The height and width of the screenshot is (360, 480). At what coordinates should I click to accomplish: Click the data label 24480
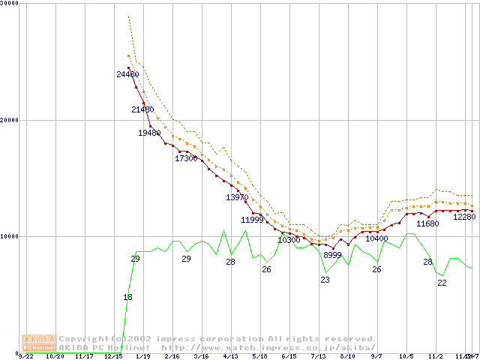tap(127, 74)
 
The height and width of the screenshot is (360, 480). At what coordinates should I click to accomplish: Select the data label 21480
tap(142, 110)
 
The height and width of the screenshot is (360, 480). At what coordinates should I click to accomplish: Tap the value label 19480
tap(149, 133)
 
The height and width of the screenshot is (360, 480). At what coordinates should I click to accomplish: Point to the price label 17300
tap(186, 158)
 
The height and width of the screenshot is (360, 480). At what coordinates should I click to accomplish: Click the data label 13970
tap(237, 197)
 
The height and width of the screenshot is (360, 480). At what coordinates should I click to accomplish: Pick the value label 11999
tap(252, 220)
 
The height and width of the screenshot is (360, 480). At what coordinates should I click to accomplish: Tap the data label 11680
tap(427, 223)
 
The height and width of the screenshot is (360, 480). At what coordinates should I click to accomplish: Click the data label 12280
tap(465, 217)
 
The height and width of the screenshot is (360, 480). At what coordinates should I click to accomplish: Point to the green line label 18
tap(127, 298)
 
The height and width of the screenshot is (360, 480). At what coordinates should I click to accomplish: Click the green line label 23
tap(325, 280)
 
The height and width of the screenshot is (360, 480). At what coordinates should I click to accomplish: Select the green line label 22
tap(442, 283)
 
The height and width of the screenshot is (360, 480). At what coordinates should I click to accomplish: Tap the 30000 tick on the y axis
tap(10, 4)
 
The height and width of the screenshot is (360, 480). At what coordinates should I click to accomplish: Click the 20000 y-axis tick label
tap(10, 120)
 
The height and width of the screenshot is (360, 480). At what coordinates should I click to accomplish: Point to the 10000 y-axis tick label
tap(10, 236)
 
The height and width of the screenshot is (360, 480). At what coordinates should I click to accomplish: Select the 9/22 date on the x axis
tap(26, 357)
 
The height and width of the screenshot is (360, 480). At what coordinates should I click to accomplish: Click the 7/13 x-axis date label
tap(319, 357)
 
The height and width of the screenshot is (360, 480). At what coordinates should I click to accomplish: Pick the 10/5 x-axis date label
tap(406, 357)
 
